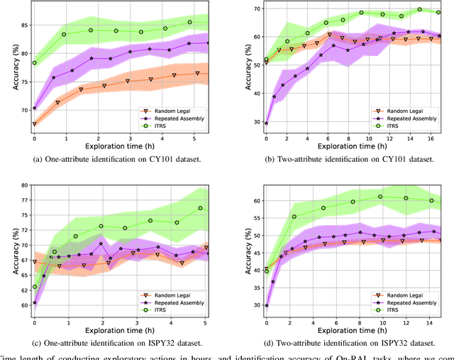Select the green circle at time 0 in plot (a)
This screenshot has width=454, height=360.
pos(34,62)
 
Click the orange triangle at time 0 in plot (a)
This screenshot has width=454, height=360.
pos(34,124)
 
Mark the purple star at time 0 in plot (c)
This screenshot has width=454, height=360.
pos(34,302)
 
